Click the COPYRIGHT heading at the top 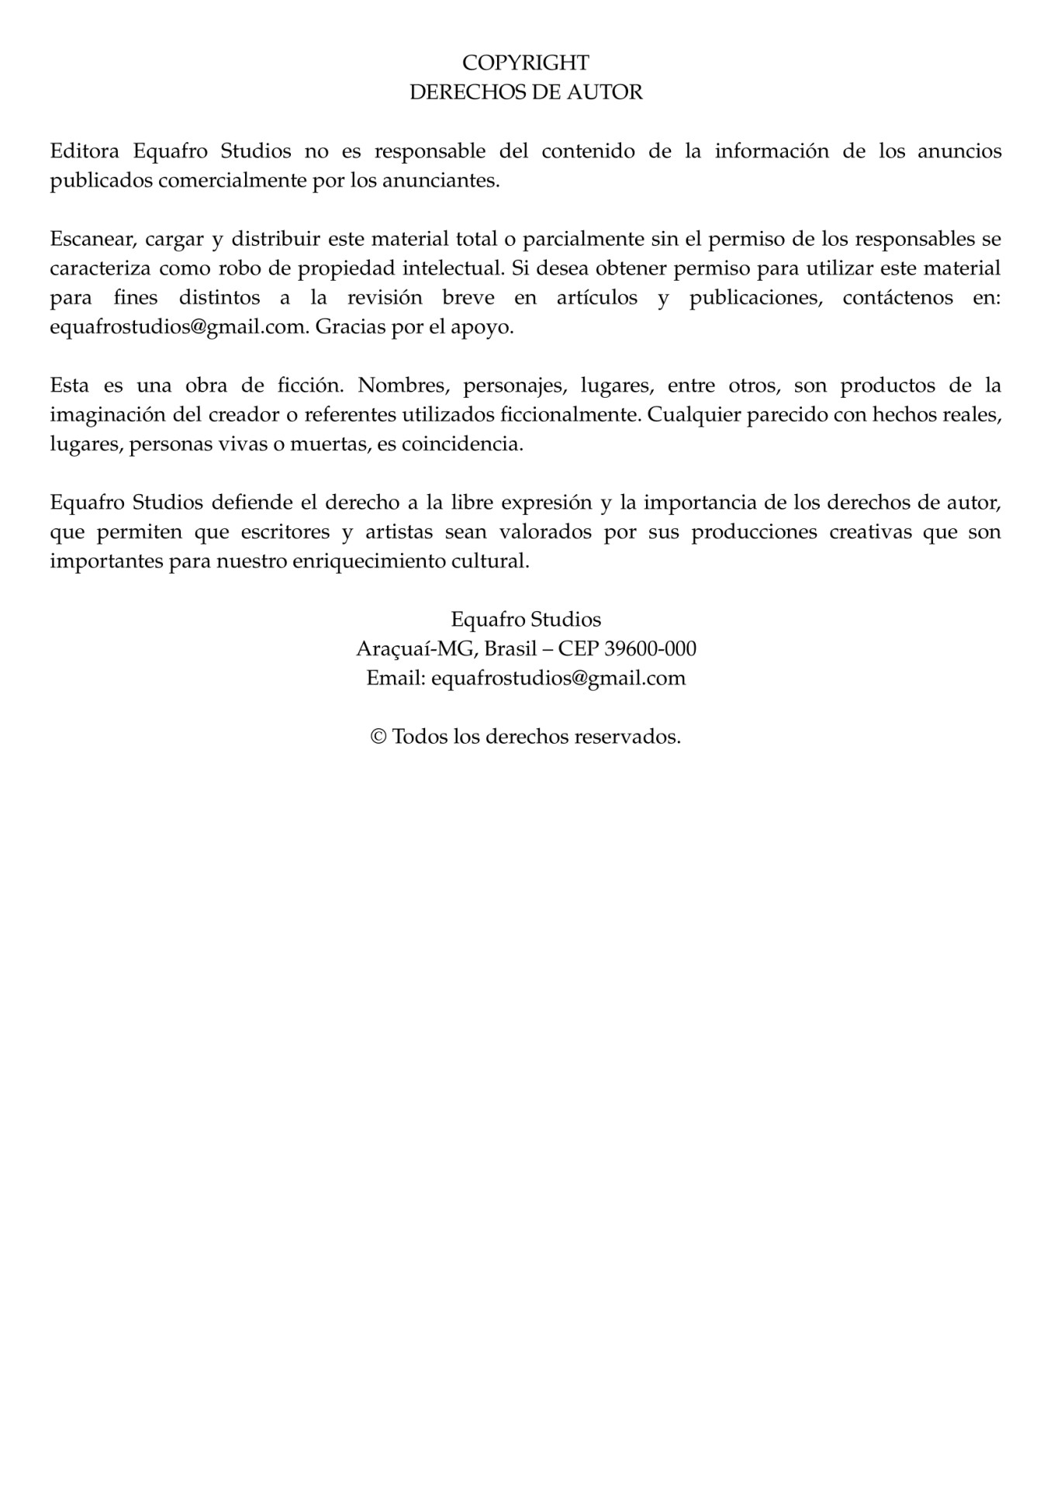(x=526, y=62)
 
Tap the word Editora (x=85, y=150)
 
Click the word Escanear (x=91, y=239)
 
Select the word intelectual (x=454, y=268)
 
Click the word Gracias (x=350, y=327)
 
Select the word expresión (x=547, y=503)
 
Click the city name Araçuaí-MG (x=415, y=648)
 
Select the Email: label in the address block (x=396, y=678)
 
